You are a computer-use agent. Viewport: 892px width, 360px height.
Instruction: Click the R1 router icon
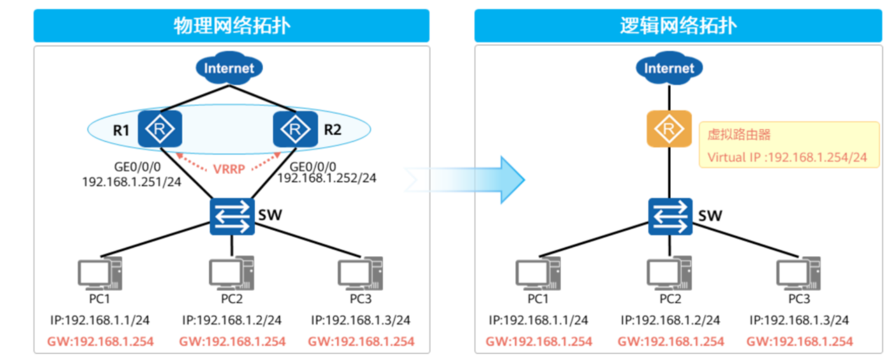tap(160, 129)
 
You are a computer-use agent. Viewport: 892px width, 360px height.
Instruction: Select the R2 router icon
tap(296, 129)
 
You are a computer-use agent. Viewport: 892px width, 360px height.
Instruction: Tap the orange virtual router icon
tap(669, 129)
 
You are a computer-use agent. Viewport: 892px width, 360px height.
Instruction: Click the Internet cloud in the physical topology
tap(229, 68)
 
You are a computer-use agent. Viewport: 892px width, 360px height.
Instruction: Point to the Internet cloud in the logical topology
tap(669, 68)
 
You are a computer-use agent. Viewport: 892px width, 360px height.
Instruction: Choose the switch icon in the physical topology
tap(232, 216)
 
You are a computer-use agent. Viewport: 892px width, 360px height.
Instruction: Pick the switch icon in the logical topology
tap(670, 216)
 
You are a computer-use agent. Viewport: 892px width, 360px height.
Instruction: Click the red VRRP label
tap(229, 169)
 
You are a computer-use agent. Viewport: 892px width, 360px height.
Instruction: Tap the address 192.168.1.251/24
tap(131, 182)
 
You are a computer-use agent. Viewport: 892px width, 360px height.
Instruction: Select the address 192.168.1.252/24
tap(327, 178)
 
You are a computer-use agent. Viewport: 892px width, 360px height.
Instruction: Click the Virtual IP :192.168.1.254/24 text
tap(787, 157)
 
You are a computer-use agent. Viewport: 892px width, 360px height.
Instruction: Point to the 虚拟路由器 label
tap(739, 135)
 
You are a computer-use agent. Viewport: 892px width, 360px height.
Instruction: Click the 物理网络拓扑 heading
tap(232, 26)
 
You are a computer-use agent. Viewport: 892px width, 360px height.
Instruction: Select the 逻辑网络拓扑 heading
tap(678, 26)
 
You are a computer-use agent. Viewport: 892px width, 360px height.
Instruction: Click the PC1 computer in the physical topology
tap(100, 273)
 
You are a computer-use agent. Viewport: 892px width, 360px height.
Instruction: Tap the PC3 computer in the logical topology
tap(798, 273)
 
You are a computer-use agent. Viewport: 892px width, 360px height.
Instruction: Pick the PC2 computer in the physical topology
tap(232, 273)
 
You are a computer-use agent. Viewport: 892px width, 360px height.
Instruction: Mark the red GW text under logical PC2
tap(670, 341)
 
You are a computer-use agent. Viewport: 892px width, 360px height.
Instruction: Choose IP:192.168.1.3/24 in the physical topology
tap(361, 320)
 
